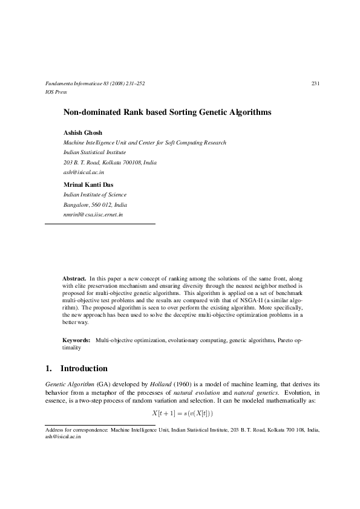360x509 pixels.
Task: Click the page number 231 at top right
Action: (x=315, y=83)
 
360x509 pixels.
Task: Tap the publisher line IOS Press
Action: (x=56, y=92)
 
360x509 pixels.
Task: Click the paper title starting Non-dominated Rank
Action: (x=168, y=112)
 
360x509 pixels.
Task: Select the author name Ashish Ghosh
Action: (x=83, y=132)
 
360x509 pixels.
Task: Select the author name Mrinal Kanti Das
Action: (x=88, y=184)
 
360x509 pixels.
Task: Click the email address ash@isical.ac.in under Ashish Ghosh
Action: (x=83, y=173)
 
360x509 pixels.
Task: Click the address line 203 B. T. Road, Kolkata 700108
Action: (x=110, y=163)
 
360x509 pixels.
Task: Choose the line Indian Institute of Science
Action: (x=95, y=195)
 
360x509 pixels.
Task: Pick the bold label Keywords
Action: (x=76, y=342)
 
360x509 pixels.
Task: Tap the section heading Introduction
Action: (x=83, y=369)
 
